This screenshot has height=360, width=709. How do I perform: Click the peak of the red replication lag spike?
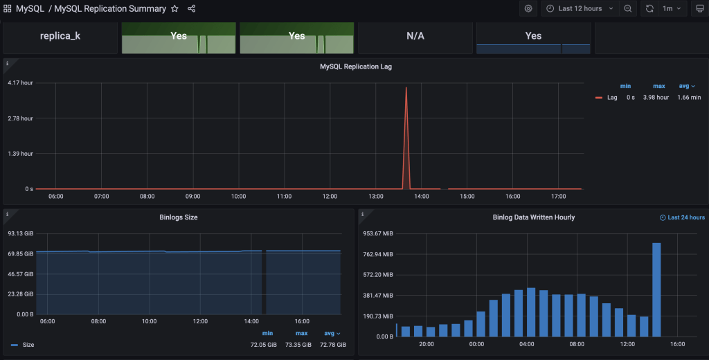click(x=406, y=88)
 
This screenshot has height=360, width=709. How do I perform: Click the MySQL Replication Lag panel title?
click(x=356, y=67)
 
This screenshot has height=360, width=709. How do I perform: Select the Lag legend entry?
click(x=612, y=98)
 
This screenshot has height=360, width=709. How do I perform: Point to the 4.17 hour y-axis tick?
click(x=20, y=83)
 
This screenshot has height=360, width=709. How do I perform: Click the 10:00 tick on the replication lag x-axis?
click(x=238, y=197)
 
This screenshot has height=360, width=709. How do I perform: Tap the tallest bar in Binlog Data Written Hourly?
click(x=656, y=289)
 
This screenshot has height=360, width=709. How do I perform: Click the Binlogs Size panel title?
click(x=178, y=217)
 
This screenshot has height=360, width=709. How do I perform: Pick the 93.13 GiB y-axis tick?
click(x=21, y=233)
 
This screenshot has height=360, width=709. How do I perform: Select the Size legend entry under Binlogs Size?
click(x=28, y=344)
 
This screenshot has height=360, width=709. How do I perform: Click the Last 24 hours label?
click(x=686, y=217)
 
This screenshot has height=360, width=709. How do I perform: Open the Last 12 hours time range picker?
click(x=580, y=9)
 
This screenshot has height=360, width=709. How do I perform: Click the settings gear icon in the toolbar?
click(x=528, y=9)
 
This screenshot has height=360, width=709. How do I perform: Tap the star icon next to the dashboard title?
click(x=174, y=9)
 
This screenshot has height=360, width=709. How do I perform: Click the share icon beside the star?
click(x=192, y=9)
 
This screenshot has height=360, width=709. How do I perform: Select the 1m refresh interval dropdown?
click(x=672, y=9)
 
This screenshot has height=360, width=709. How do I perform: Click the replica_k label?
click(x=60, y=36)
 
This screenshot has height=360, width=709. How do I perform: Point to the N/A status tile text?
click(x=415, y=36)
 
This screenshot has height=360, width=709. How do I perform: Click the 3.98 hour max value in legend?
click(x=656, y=98)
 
